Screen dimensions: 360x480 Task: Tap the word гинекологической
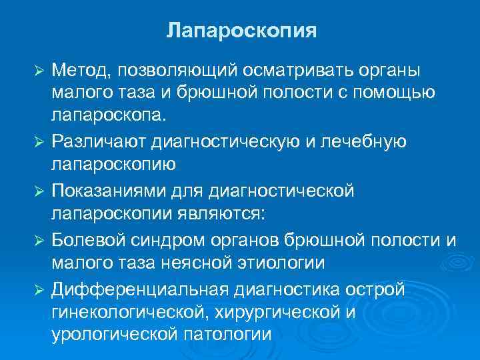pyautogui.click(x=134, y=311)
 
